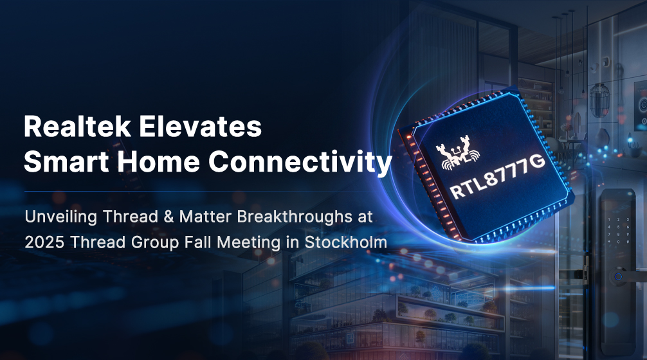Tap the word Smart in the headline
[66, 161]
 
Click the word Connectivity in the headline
[300, 162]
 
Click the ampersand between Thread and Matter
[169, 217]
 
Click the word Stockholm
[346, 242]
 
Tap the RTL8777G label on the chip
[497, 177]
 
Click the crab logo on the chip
[458, 156]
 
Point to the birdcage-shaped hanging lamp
[599, 100]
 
